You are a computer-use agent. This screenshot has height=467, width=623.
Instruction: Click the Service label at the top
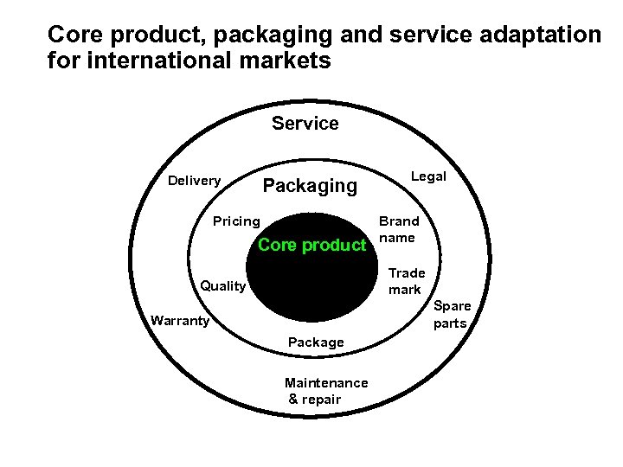tap(305, 124)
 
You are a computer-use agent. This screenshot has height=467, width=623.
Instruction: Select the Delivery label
tap(194, 181)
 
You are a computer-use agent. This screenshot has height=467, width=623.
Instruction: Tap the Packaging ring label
tap(309, 186)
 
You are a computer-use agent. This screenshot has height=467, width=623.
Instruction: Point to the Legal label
tap(428, 176)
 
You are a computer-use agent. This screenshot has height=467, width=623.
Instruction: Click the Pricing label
tap(236, 221)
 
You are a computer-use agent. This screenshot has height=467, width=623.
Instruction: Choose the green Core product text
tap(311, 245)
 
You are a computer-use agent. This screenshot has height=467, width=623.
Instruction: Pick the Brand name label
tap(398, 229)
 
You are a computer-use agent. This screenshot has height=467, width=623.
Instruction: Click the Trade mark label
tap(406, 281)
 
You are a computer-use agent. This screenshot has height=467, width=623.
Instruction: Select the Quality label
tap(223, 286)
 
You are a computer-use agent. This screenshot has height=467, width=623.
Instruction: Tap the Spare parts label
tap(452, 315)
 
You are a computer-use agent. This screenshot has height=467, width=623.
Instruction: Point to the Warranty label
tap(180, 321)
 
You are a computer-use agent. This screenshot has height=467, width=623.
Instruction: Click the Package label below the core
tap(316, 342)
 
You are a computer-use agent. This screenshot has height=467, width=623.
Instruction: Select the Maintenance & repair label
tap(325, 391)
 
